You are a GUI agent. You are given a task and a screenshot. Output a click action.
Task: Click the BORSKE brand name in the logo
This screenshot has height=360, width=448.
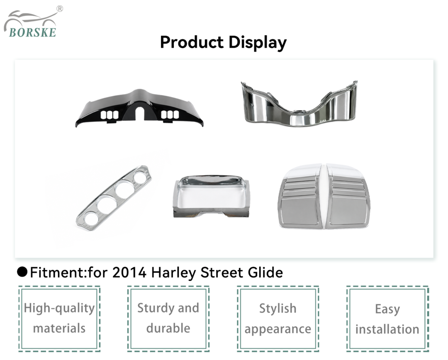tap(33, 32)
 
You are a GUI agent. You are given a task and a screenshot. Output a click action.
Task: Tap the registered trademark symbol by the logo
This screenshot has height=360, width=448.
tap(60, 9)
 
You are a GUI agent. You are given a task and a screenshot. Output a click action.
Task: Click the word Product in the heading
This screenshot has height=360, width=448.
tap(192, 42)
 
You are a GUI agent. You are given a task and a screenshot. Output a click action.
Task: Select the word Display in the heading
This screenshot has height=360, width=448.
tap(258, 43)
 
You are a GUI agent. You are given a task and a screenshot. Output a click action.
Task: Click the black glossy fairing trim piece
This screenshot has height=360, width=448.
tap(139, 108)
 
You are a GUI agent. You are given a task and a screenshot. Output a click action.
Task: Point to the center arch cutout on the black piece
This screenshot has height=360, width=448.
tap(140, 113)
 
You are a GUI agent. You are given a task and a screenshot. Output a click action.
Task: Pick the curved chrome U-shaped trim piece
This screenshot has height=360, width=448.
tap(299, 104)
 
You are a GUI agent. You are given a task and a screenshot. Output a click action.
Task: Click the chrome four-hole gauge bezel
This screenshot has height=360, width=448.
tap(114, 198)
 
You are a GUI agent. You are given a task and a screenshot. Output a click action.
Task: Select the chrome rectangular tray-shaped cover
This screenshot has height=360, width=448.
tap(211, 197)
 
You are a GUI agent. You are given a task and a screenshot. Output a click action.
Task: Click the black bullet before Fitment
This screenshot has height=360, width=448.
tap(22, 272)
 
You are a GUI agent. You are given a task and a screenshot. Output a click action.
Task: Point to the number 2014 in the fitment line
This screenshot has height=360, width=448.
tap(129, 272)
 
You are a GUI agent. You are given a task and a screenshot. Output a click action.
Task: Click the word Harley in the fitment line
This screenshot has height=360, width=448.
tap(174, 273)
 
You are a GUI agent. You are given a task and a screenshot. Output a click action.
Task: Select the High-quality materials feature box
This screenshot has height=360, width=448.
tap(59, 319)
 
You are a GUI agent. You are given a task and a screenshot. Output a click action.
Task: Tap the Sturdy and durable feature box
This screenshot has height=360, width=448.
tap(168, 319)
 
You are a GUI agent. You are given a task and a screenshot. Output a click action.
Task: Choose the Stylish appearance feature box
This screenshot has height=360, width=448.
tap(278, 319)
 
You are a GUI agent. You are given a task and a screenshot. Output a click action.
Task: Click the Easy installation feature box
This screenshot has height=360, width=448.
tap(387, 319)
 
